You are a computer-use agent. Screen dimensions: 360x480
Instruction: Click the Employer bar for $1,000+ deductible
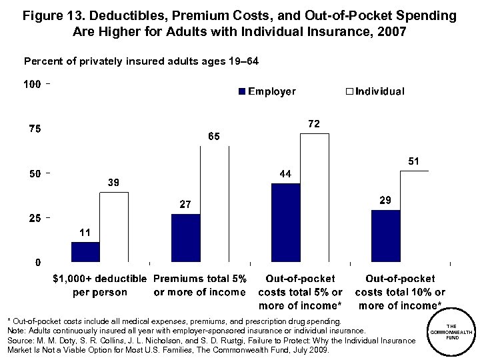[85, 252]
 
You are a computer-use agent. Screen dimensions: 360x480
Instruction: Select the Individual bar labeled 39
[114, 227]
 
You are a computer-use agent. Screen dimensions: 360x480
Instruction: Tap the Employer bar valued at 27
[185, 238]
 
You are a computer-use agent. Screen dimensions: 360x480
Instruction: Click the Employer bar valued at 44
[285, 223]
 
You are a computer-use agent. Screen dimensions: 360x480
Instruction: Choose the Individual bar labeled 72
[314, 198]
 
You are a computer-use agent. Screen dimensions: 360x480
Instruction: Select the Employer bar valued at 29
[385, 236]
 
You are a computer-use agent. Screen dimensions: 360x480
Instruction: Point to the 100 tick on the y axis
[32, 85]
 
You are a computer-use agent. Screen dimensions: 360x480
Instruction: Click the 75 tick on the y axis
[33, 129]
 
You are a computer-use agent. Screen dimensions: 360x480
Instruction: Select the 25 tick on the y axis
[33, 218]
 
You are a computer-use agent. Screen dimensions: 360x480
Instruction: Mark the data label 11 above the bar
[85, 233]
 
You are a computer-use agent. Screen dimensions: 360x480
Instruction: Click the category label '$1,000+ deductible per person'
[100, 285]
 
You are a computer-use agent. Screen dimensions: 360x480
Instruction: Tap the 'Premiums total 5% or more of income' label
[200, 285]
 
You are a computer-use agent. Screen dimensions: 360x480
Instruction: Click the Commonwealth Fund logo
[451, 332]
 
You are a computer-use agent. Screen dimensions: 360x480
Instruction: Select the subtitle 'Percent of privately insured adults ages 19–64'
[141, 61]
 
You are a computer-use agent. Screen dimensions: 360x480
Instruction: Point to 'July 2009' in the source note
[309, 350]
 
